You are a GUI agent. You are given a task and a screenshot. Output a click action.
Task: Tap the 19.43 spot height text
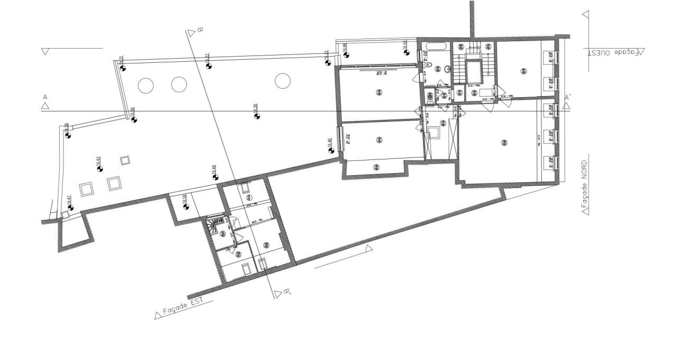pos(98,160)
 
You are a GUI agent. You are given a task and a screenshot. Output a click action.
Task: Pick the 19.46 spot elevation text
pos(330,143)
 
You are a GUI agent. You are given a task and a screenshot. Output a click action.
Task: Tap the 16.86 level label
pos(344,47)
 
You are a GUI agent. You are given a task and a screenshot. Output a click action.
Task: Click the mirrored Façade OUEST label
pos(616,52)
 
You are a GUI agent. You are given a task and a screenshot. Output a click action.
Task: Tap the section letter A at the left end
pos(45,97)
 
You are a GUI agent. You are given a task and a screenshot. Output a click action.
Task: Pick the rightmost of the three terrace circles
pos(283,81)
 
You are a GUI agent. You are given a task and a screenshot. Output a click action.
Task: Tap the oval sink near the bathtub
pos(447,69)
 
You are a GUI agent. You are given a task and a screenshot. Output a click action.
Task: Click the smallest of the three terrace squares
pos(125,160)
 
